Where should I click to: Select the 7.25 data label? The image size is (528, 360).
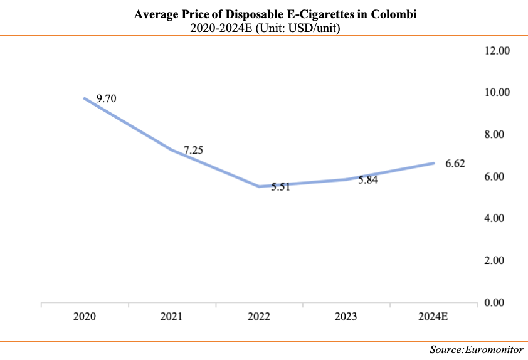(x=193, y=150)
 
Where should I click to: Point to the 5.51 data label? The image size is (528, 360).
(x=282, y=187)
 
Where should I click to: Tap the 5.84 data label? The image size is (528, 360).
(x=367, y=179)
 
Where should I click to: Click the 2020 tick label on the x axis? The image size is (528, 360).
(x=84, y=316)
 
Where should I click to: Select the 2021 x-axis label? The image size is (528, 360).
(x=171, y=316)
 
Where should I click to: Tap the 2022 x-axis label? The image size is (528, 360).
(x=258, y=316)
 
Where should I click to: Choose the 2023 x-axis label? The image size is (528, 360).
(x=346, y=316)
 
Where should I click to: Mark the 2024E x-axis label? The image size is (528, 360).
(x=433, y=316)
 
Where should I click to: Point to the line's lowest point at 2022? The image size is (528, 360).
(x=258, y=186)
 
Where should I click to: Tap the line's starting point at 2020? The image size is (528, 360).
(x=84, y=98)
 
